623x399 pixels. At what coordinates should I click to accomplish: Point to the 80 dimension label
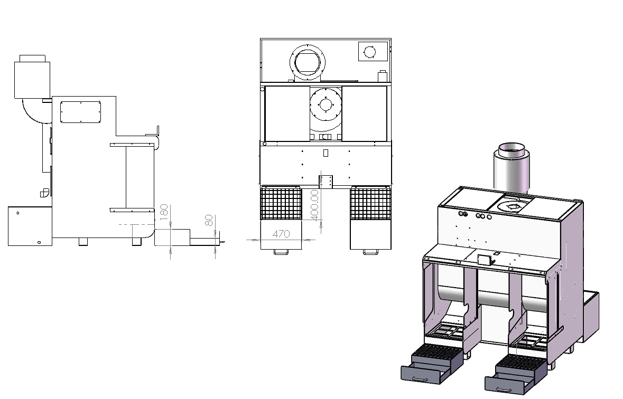tap(210, 220)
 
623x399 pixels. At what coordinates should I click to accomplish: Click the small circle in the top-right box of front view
tap(370, 51)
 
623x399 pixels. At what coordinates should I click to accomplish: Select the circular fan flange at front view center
tap(326, 106)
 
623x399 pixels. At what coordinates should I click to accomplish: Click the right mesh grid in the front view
tap(370, 203)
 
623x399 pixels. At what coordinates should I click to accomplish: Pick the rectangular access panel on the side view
tap(80, 112)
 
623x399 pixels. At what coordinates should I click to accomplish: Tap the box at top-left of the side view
tap(32, 80)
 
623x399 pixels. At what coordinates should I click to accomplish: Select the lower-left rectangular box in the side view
tap(30, 226)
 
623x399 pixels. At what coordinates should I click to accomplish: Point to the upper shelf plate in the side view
tap(132, 144)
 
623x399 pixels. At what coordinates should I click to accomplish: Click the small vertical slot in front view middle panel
tap(326, 153)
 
